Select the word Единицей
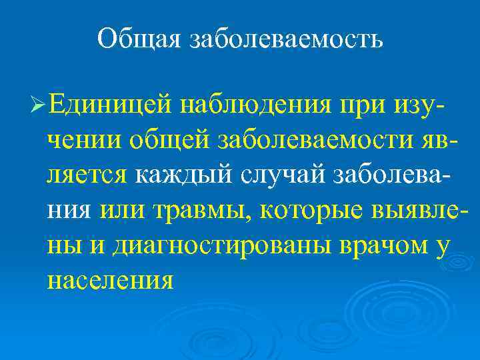click(110, 104)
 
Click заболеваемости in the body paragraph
click(317, 140)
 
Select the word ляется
click(87, 175)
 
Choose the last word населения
click(111, 280)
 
